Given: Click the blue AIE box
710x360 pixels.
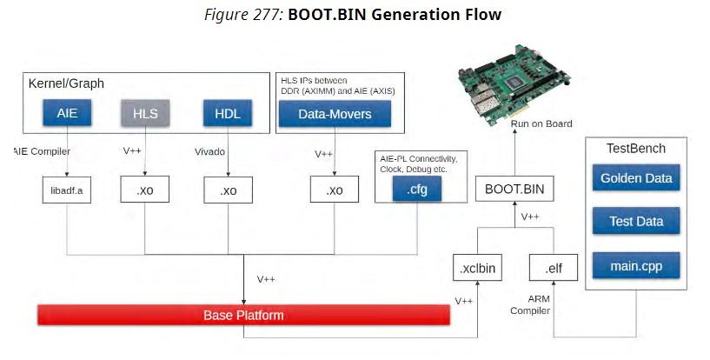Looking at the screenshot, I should (x=67, y=113).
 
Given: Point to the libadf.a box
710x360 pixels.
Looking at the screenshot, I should (x=67, y=190).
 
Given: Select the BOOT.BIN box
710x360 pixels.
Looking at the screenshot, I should (x=514, y=188).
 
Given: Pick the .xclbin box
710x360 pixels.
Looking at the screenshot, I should (x=477, y=269).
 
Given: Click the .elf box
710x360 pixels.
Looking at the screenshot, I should (x=554, y=269).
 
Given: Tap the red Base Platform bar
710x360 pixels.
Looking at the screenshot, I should (x=243, y=315).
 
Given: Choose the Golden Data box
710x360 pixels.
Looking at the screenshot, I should (x=638, y=180).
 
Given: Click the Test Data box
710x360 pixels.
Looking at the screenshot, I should (x=638, y=221).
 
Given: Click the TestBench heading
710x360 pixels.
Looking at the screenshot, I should (x=636, y=149).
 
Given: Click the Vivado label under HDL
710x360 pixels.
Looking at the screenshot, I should (x=209, y=150).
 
